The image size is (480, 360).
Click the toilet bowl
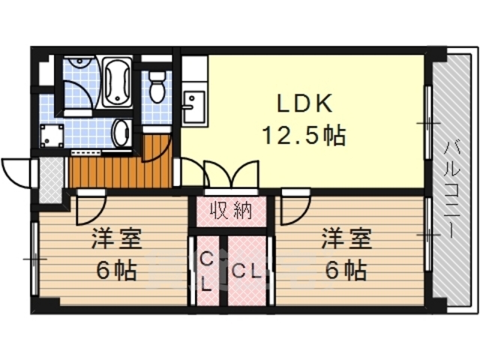click(157, 88)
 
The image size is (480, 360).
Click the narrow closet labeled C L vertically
click(206, 271)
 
